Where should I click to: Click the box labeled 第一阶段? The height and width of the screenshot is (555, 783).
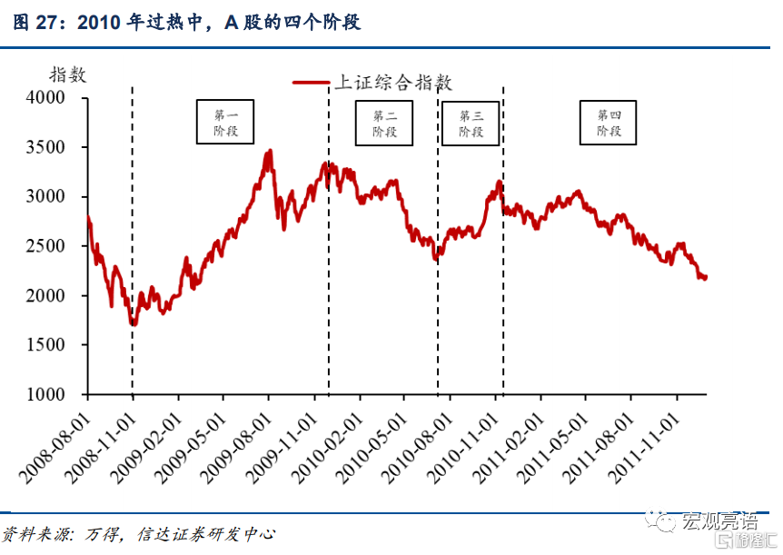pyautogui.click(x=225, y=123)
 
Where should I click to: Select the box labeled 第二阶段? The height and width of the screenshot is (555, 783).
pyautogui.click(x=384, y=123)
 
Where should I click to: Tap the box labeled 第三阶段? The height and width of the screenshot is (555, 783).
pyautogui.click(x=471, y=123)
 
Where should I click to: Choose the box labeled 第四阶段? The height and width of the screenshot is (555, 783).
pyautogui.click(x=609, y=123)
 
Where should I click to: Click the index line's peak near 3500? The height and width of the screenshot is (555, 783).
pyautogui.click(x=270, y=152)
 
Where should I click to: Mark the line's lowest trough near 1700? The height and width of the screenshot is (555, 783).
pyautogui.click(x=133, y=323)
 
